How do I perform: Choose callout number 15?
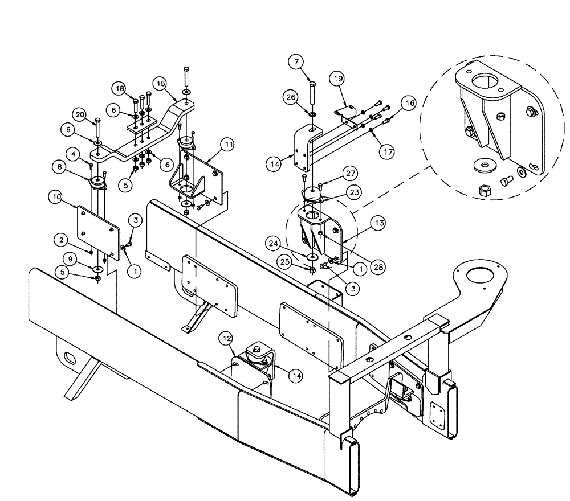(x=161, y=84)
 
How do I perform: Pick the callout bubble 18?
(x=119, y=88)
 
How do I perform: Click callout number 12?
(x=226, y=339)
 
